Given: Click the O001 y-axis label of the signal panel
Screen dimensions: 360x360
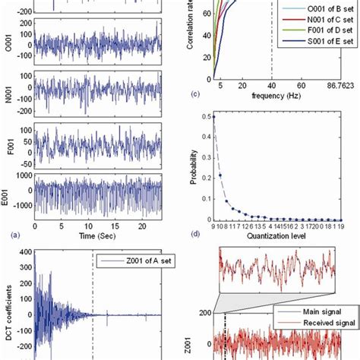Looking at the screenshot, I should [7, 44].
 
